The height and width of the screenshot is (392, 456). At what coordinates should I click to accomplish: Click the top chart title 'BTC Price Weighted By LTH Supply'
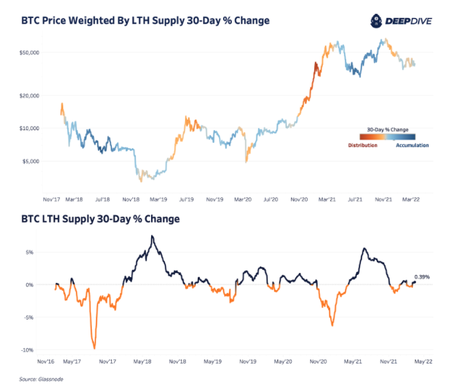pyautogui.click(x=145, y=21)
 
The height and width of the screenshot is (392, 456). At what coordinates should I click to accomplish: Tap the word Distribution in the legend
pyautogui.click(x=363, y=145)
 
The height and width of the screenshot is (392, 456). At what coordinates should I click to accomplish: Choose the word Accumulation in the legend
pyautogui.click(x=412, y=145)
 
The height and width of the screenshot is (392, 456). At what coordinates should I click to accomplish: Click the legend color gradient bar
pyautogui.click(x=387, y=137)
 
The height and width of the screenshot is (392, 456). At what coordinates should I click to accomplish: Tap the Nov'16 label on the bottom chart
pyautogui.click(x=45, y=362)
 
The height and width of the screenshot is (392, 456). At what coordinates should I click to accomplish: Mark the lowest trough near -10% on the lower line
pyautogui.click(x=95, y=347)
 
